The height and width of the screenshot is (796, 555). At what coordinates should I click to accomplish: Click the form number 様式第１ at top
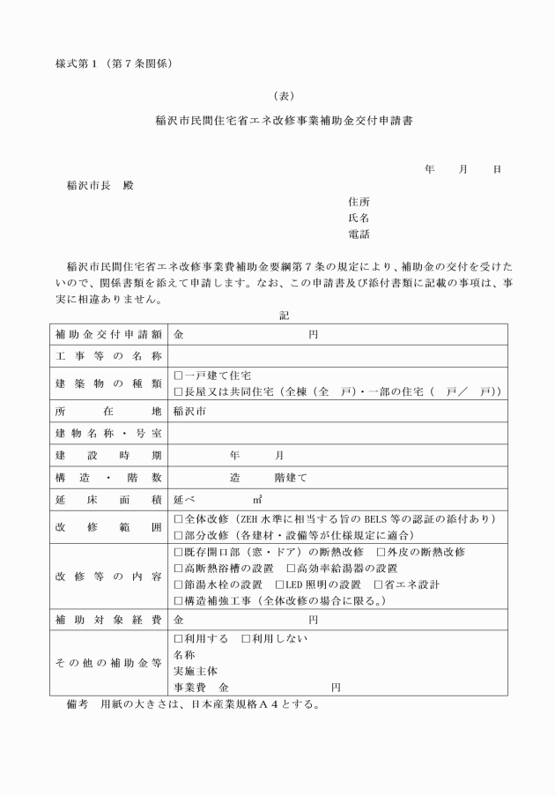[81, 63]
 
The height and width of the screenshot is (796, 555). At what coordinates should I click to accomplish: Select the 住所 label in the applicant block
[359, 201]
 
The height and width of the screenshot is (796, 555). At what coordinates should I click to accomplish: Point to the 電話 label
[359, 234]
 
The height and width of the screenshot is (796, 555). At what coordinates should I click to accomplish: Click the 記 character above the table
[283, 314]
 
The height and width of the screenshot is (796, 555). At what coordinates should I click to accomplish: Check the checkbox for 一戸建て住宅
[179, 375]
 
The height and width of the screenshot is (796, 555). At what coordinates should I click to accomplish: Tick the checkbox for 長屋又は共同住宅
[179, 391]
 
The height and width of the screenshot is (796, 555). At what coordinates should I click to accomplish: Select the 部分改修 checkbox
[179, 534]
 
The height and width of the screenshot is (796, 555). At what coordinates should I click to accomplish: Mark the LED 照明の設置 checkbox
[279, 584]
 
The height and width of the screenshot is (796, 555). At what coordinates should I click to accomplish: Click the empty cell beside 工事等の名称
[337, 356]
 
